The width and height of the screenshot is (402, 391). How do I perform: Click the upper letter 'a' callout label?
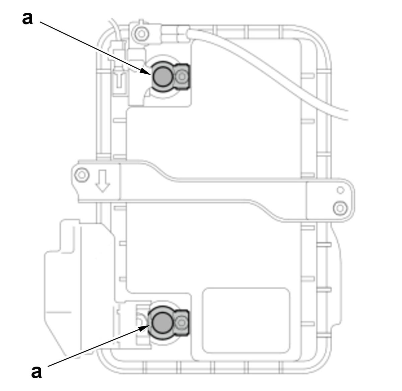click(27, 19)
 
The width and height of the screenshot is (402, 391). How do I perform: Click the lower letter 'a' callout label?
click(37, 372)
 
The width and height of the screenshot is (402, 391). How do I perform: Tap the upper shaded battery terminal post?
click(162, 77)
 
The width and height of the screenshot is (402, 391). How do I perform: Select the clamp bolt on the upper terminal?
click(182, 77)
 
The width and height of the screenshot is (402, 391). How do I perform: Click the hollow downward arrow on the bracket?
click(103, 181)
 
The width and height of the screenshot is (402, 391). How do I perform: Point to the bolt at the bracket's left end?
click(82, 175)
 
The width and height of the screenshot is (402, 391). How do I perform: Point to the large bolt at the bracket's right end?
click(340, 209)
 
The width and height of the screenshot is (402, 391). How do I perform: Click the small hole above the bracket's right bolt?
click(340, 190)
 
